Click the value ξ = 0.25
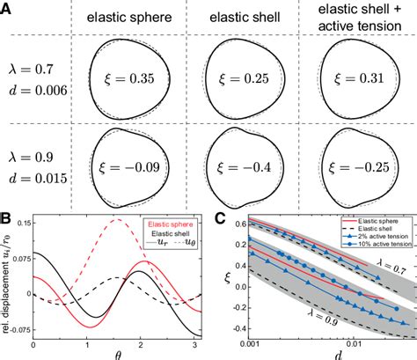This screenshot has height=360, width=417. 240,80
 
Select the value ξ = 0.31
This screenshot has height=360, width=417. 356,80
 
